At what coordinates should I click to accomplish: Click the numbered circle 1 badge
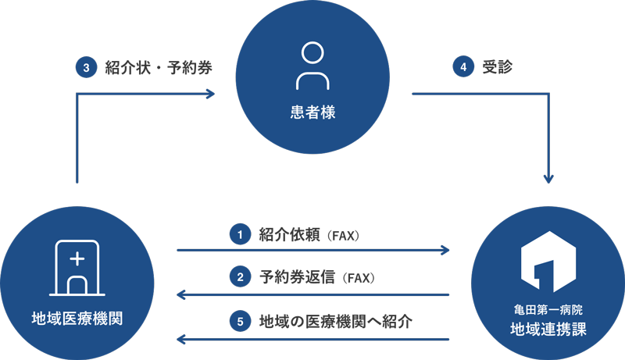240,234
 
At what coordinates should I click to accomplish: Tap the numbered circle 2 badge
240,276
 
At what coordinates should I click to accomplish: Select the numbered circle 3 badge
87,67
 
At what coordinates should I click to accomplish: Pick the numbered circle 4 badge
463,66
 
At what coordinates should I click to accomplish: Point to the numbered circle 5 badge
240,321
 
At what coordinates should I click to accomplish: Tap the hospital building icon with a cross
77,268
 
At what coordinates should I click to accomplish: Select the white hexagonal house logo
548,262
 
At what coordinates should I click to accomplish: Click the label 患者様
313,112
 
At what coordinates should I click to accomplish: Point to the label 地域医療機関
77,319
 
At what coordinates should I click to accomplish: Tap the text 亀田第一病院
548,309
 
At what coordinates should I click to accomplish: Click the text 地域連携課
548,330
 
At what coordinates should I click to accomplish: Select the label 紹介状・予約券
159,67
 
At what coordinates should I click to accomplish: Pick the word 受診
497,66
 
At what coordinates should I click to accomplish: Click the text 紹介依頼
289,234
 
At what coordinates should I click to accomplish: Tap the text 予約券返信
298,276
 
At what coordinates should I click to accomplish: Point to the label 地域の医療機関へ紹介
336,322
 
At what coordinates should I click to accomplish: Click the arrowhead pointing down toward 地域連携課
549,178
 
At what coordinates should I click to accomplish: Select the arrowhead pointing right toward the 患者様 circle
210,94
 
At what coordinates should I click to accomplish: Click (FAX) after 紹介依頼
343,236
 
